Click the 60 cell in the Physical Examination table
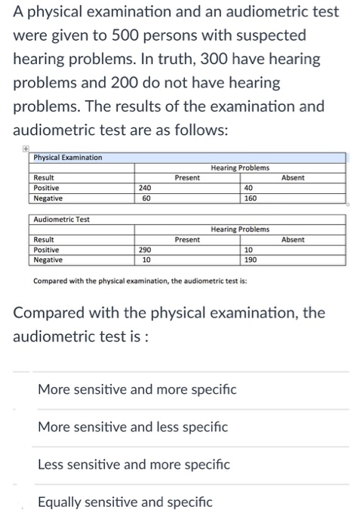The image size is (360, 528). pos(146,198)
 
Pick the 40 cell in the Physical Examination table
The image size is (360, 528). pos(249,188)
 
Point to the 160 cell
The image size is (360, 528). pos(251,198)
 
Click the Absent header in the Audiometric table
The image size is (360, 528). pos(292,239)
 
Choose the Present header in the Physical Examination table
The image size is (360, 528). pos(187,178)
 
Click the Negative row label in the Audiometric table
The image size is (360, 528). pos(49,259)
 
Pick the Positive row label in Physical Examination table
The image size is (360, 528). pos(47,188)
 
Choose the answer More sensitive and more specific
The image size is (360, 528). pos(137,390)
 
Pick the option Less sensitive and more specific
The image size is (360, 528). pos(134,464)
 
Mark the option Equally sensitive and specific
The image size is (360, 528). pos(125,501)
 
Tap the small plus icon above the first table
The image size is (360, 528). pos(27,149)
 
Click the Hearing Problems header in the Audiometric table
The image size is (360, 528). pos(240,229)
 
